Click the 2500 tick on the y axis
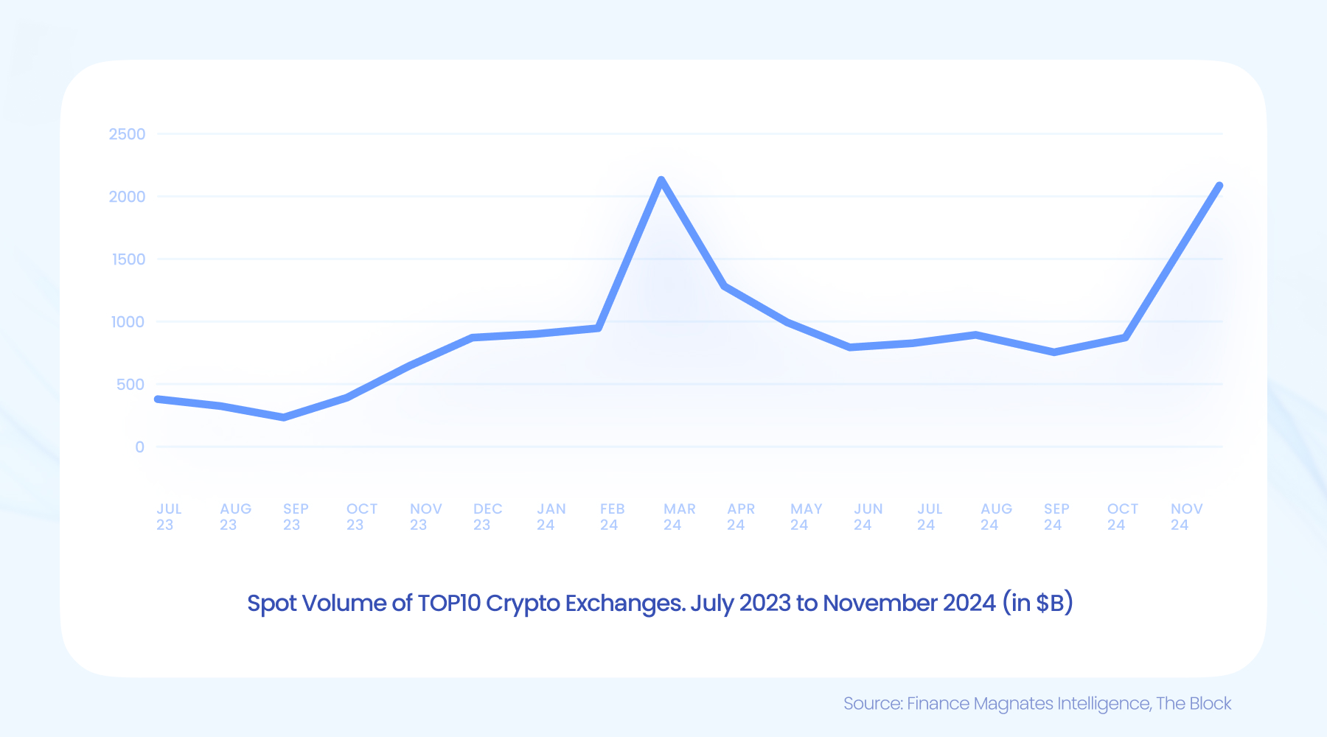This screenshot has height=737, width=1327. (127, 134)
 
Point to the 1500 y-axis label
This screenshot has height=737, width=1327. (128, 259)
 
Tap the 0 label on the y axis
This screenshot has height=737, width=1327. (139, 447)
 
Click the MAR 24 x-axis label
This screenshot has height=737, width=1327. (679, 517)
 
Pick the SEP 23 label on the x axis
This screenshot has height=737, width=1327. (296, 517)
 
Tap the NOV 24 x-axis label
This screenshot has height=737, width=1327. (1186, 517)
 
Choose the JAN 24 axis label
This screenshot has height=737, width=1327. (551, 517)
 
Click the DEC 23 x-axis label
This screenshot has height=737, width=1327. (487, 517)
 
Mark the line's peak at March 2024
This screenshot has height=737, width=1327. (661, 180)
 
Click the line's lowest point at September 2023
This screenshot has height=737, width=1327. (284, 418)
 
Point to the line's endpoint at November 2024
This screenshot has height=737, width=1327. (1220, 186)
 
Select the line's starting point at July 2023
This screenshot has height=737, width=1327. (158, 399)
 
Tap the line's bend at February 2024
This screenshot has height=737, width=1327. (599, 328)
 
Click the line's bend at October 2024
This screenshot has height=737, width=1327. (1125, 338)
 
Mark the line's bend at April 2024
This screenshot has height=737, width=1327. (725, 286)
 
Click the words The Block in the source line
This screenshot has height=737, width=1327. (1194, 704)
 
